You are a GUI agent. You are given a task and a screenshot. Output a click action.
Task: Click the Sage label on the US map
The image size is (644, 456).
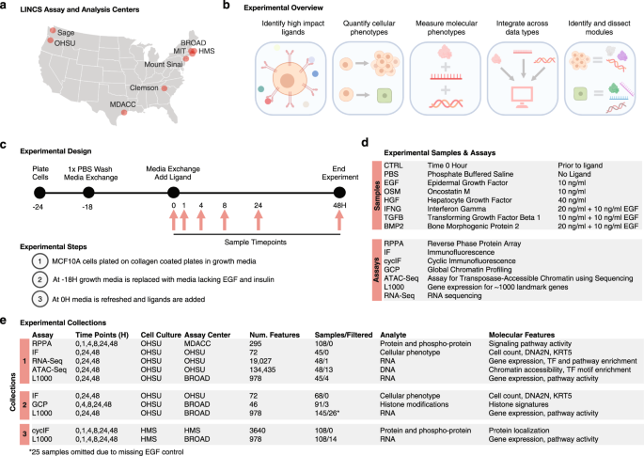[x=68, y=31]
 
